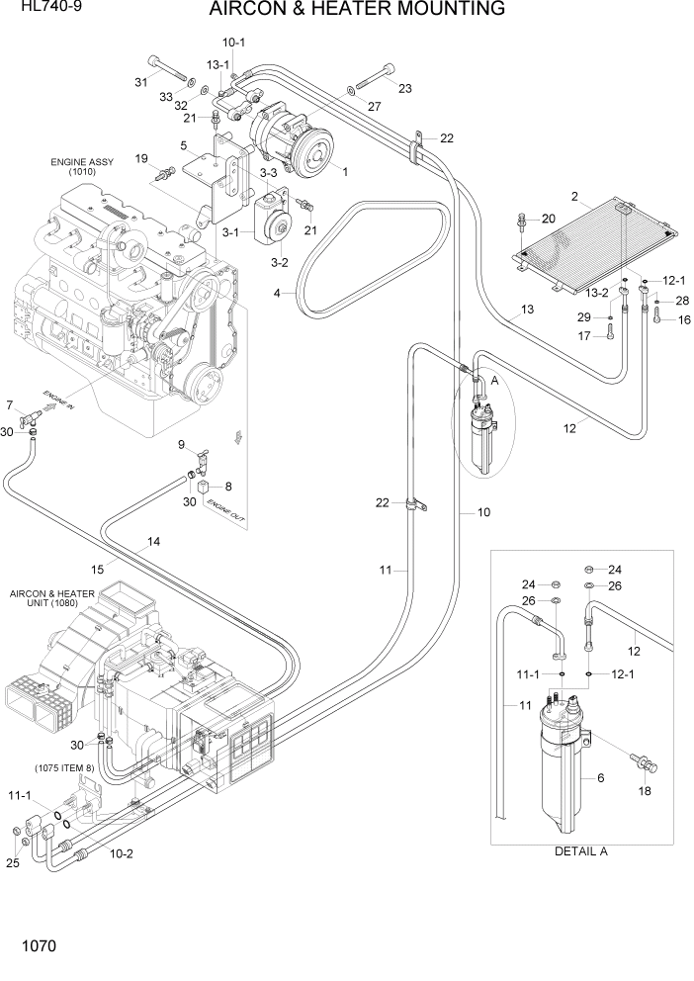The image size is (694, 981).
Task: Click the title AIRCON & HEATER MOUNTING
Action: coord(357,11)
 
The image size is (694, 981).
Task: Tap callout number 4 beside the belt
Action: coord(277,293)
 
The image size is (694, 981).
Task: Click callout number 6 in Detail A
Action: coord(599,778)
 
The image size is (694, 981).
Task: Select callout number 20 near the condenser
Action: coord(548,219)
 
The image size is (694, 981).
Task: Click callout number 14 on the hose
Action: coord(153,541)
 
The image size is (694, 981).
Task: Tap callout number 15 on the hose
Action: coord(97,568)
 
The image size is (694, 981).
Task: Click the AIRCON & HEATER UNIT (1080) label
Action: coord(51,599)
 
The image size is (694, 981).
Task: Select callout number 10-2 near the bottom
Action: coord(121,852)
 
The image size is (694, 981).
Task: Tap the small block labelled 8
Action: coord(205,487)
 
